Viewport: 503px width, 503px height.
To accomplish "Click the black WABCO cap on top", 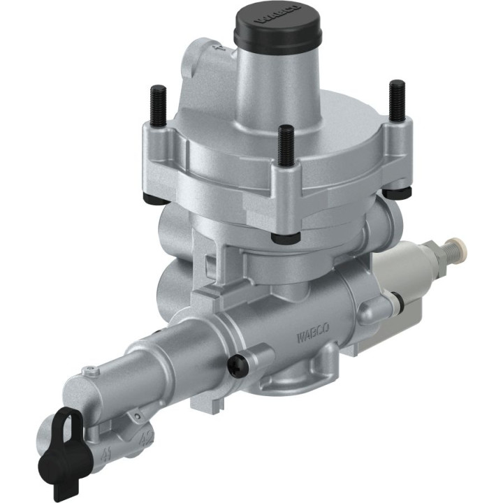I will click(x=277, y=28).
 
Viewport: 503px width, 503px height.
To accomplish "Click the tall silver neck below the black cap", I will click(x=276, y=84).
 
